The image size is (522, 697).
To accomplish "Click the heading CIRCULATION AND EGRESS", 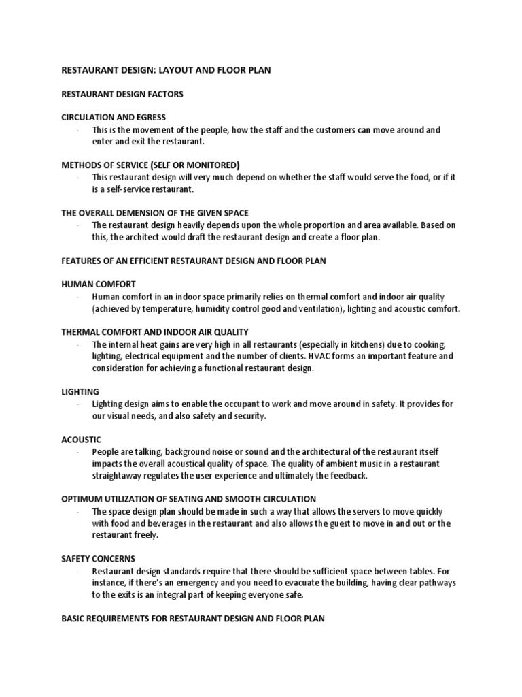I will pyautogui.click(x=114, y=118).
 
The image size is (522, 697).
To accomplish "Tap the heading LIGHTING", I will pyautogui.click(x=80, y=392).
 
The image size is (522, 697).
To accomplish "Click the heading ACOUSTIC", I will pyautogui.click(x=81, y=440).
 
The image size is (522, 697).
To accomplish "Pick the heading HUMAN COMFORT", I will pyautogui.click(x=99, y=284).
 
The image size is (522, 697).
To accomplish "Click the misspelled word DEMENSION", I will pyautogui.click(x=150, y=213).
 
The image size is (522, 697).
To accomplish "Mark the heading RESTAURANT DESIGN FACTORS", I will pyautogui.click(x=122, y=94).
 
